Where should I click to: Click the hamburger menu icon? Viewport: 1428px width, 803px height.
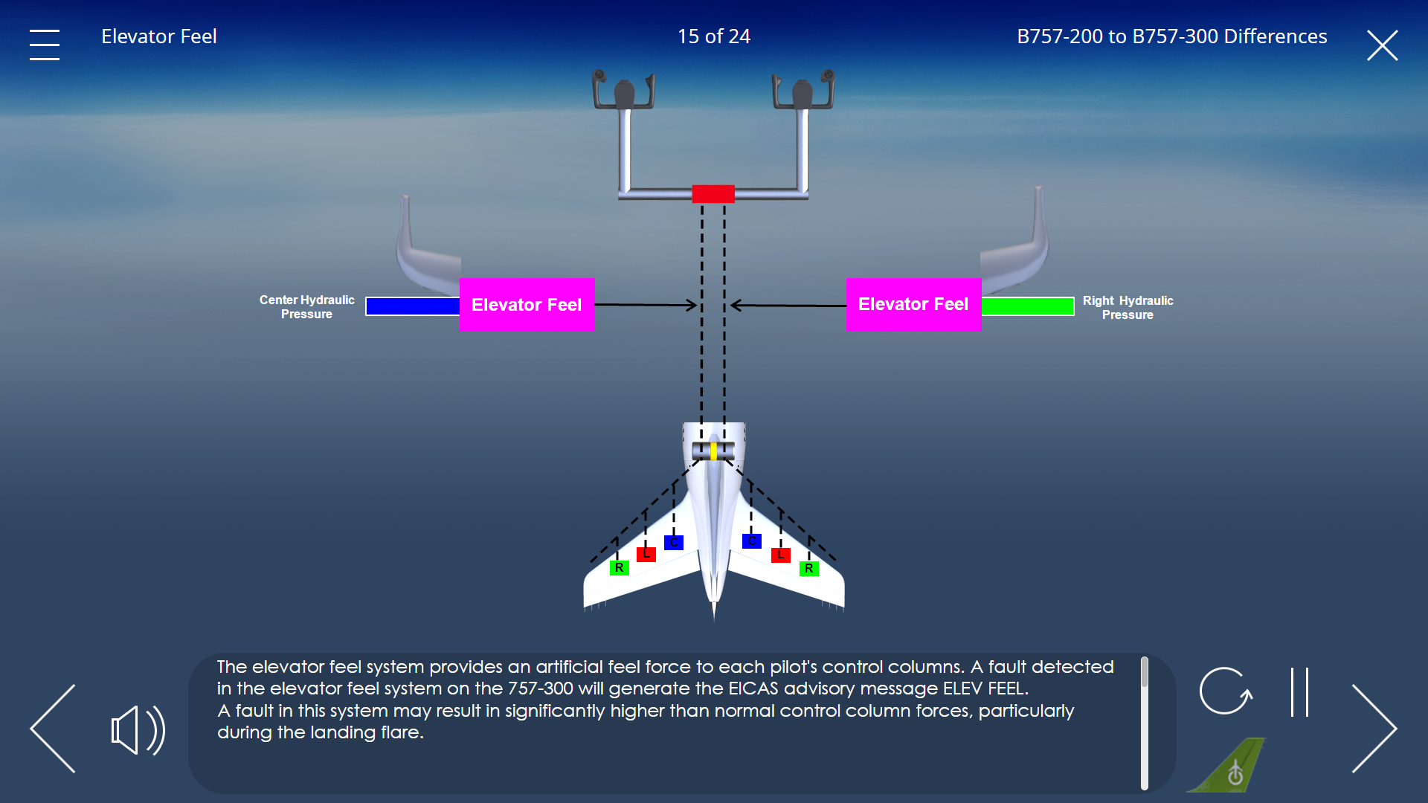pyautogui.click(x=45, y=45)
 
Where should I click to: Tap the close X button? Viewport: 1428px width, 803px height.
pyautogui.click(x=1383, y=45)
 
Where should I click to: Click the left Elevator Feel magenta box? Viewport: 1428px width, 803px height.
pyautogui.click(x=527, y=305)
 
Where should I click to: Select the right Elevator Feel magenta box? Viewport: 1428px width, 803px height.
pyautogui.click(x=913, y=304)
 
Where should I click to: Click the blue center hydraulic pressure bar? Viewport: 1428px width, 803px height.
pyautogui.click(x=413, y=306)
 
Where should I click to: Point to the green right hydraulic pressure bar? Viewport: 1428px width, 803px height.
pyautogui.click(x=1028, y=306)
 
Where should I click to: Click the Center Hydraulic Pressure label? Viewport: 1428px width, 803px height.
pyautogui.click(x=306, y=307)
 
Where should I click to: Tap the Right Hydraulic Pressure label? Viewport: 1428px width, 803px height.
pyautogui.click(x=1128, y=308)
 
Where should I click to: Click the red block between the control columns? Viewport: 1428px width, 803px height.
pyautogui.click(x=713, y=194)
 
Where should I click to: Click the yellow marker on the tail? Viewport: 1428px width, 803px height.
pyautogui.click(x=713, y=451)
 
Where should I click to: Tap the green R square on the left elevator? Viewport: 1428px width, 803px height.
pyautogui.click(x=620, y=568)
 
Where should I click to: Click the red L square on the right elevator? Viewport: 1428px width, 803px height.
pyautogui.click(x=781, y=555)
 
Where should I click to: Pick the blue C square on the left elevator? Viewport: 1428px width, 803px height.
pyautogui.click(x=674, y=542)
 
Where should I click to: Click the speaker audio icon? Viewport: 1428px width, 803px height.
pyautogui.click(x=138, y=730)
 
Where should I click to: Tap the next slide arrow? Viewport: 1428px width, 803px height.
pyautogui.click(x=1374, y=729)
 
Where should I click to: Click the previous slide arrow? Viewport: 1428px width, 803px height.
pyautogui.click(x=53, y=729)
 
